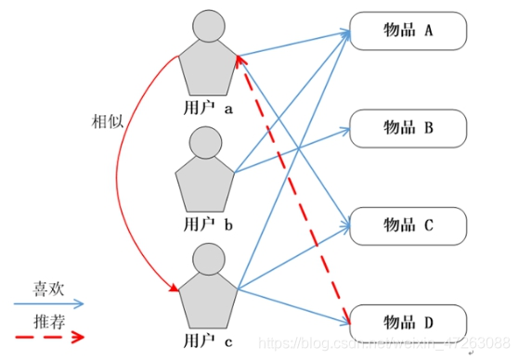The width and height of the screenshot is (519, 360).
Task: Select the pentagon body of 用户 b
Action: click(207, 185)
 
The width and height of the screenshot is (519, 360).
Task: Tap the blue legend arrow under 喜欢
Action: click(46, 303)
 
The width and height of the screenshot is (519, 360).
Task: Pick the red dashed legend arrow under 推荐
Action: click(46, 337)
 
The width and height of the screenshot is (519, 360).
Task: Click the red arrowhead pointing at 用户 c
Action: click(172, 290)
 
